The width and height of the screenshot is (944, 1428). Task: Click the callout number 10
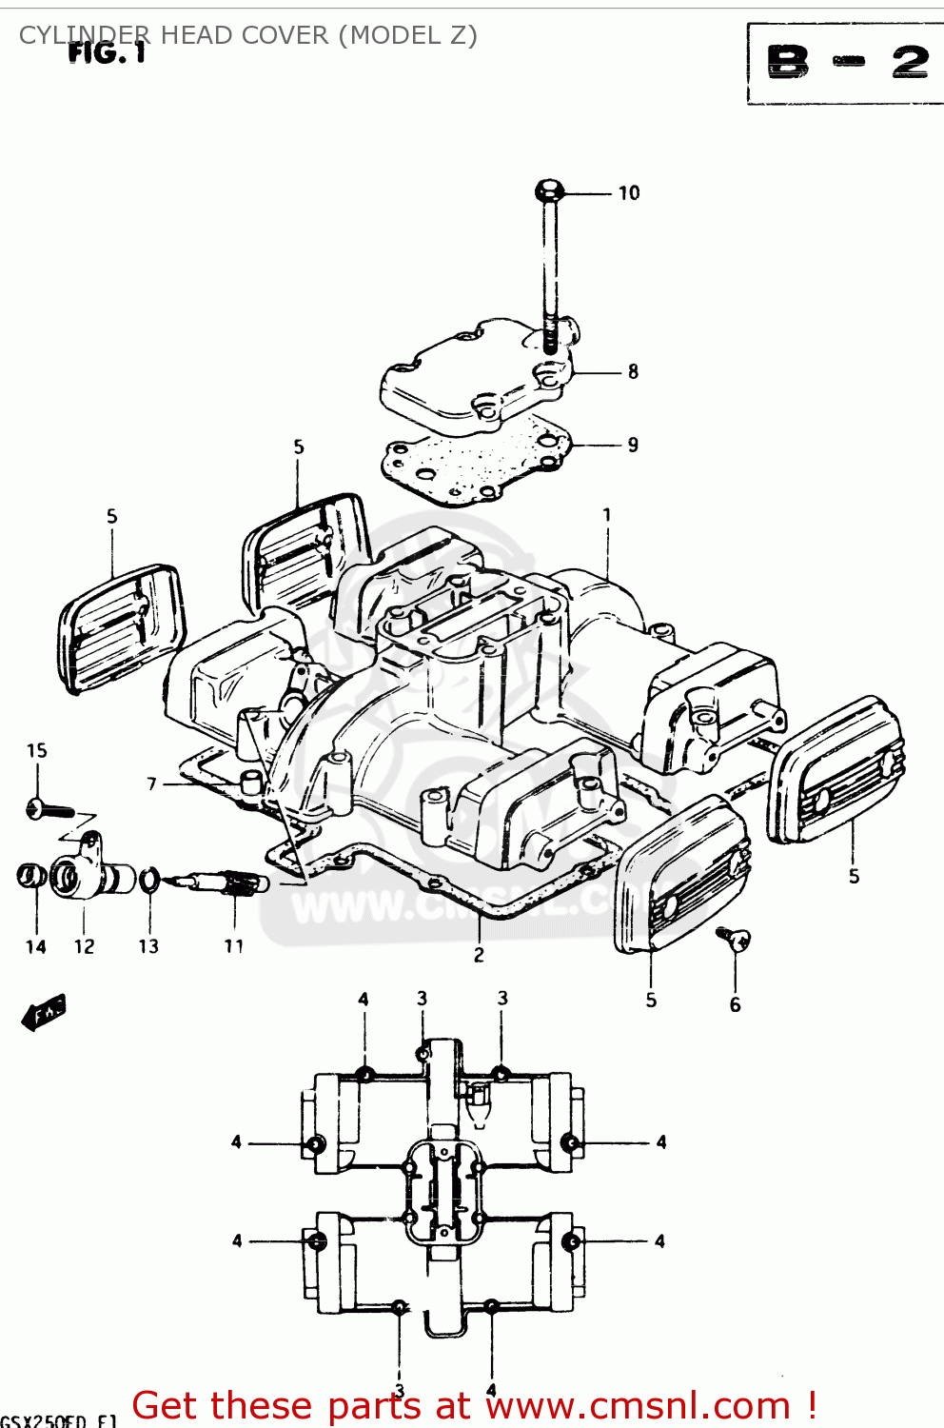click(629, 193)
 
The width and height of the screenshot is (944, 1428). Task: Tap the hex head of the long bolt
click(549, 190)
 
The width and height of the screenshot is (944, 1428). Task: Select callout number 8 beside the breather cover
click(633, 372)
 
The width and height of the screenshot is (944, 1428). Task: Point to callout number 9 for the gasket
click(633, 445)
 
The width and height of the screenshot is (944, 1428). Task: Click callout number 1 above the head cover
click(607, 515)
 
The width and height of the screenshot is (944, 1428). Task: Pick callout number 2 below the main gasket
click(479, 955)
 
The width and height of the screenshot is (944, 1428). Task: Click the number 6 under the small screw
click(735, 1004)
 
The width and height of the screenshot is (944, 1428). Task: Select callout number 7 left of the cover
click(151, 783)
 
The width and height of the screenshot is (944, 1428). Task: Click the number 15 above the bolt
click(36, 750)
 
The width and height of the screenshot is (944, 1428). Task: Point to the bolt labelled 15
click(49, 811)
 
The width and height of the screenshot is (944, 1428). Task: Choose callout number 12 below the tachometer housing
click(84, 946)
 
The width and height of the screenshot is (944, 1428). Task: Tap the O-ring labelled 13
click(149, 882)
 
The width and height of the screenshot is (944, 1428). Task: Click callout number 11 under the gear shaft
click(234, 946)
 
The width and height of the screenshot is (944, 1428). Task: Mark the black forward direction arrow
click(44, 1014)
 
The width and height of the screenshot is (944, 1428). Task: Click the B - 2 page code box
click(846, 63)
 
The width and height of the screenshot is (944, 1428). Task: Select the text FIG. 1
click(107, 53)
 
